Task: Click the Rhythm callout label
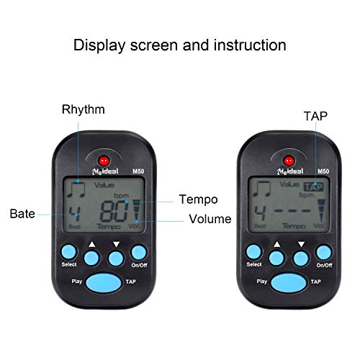pyautogui.click(x=84, y=109)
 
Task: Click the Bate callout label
pyautogui.click(x=23, y=214)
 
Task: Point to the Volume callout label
pyautogui.click(x=210, y=219)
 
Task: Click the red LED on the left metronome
pyautogui.click(x=104, y=160)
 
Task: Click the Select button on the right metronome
pyautogui.click(x=253, y=251)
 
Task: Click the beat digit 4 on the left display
pyautogui.click(x=74, y=213)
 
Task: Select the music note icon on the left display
pyautogui.click(x=74, y=189)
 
